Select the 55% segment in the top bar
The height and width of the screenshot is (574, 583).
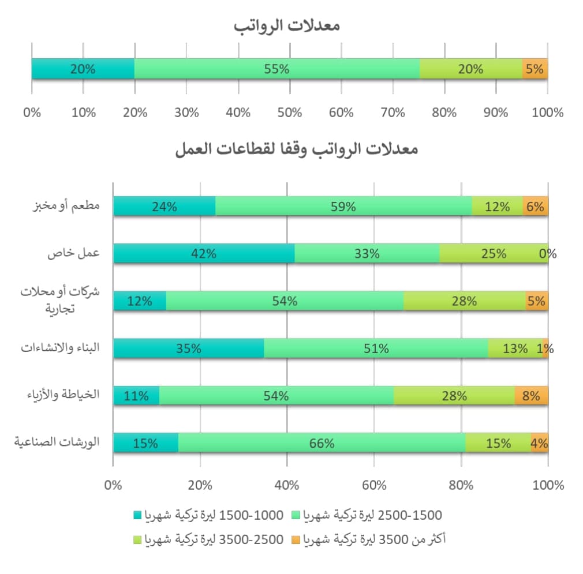(x=276, y=69)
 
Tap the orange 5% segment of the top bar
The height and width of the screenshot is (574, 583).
(x=535, y=69)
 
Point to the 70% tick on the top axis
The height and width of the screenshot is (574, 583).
(x=393, y=112)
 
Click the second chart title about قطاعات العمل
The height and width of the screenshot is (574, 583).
(x=296, y=149)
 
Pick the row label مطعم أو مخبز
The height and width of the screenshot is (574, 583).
(x=65, y=207)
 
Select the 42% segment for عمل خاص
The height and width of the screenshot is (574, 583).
(x=204, y=253)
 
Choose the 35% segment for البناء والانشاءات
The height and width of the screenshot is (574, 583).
(x=189, y=348)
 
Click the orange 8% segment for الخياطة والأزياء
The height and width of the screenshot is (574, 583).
(x=531, y=396)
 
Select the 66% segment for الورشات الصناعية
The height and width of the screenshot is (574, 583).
(x=322, y=443)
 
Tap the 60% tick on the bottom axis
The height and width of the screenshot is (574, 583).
(x=374, y=485)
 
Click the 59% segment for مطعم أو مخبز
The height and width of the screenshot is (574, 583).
(x=343, y=206)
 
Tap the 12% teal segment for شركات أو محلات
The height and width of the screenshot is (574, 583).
(x=140, y=301)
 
